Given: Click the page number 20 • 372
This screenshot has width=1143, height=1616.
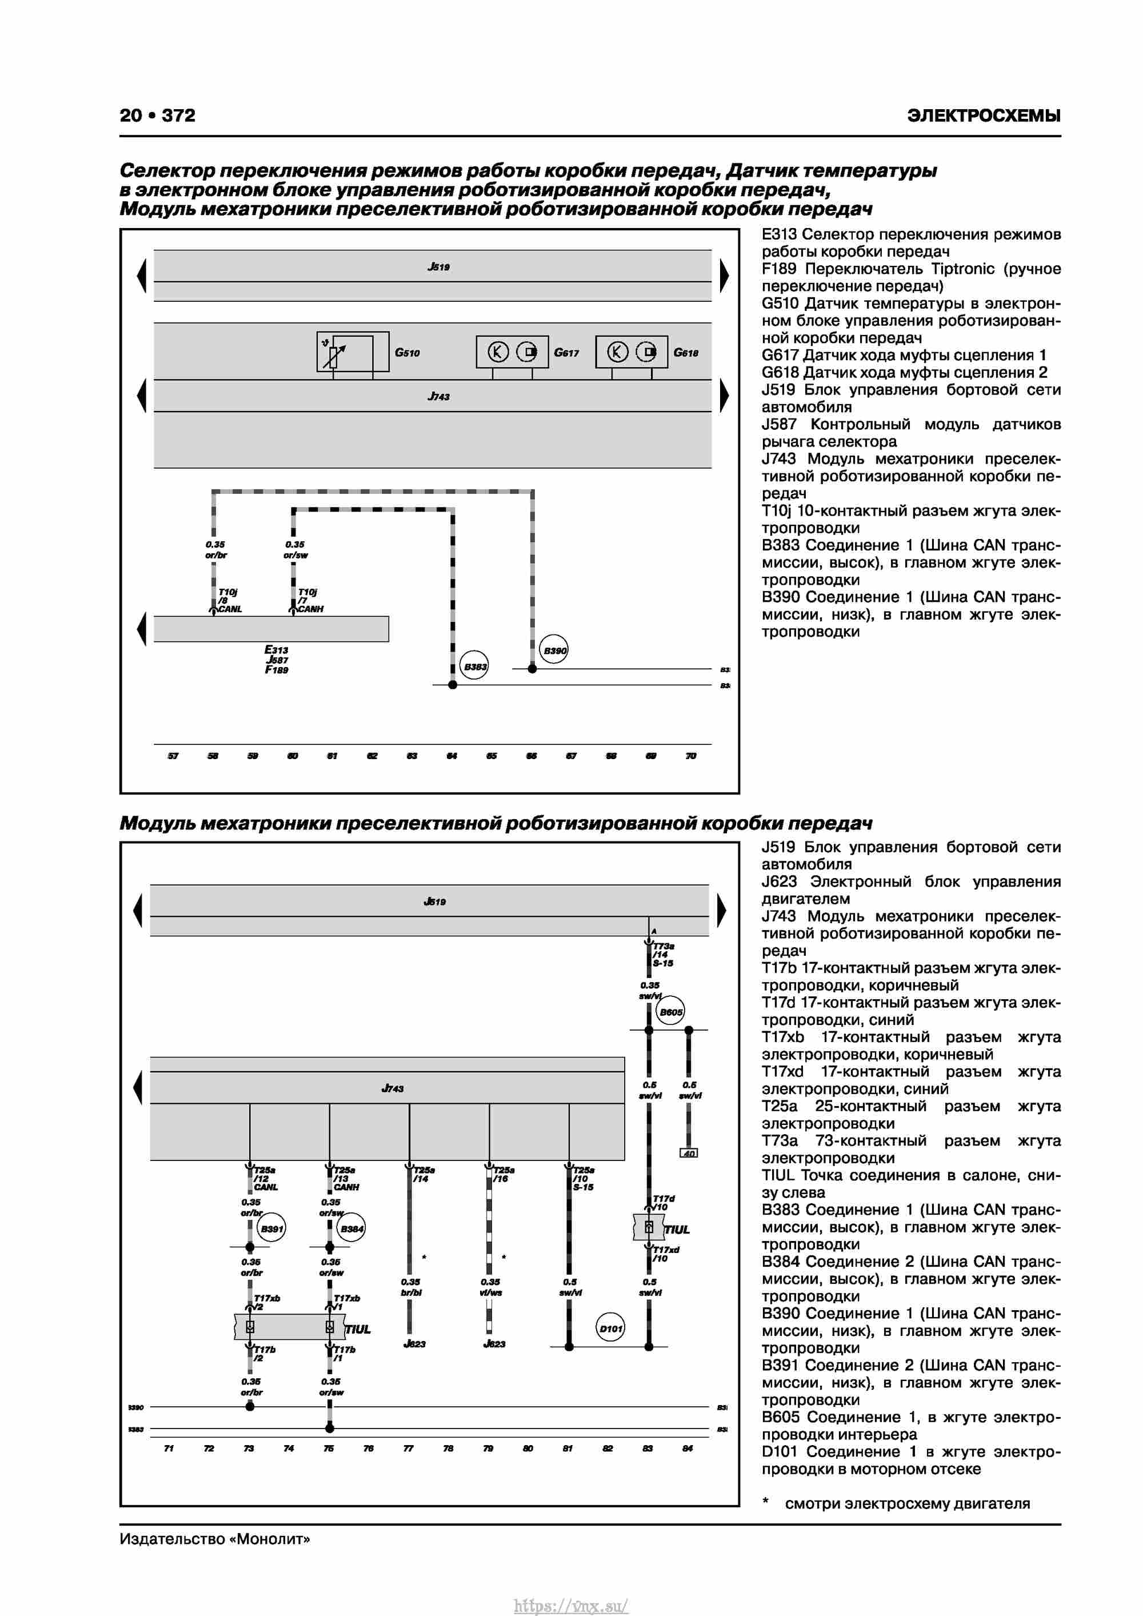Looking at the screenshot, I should [158, 115].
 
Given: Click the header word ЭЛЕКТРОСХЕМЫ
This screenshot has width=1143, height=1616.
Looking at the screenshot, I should [983, 115].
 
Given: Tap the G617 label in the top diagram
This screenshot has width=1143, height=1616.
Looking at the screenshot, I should [566, 353].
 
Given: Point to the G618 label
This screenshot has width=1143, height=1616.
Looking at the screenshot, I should [686, 353].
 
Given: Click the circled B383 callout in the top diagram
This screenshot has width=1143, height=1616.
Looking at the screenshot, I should [475, 666].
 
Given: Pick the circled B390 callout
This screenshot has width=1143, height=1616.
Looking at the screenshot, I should [554, 651].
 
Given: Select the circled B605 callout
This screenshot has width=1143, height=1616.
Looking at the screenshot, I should [670, 1012].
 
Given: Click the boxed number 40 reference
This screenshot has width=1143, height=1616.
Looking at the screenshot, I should [688, 1154].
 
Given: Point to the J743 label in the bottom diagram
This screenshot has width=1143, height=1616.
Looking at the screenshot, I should [392, 1089].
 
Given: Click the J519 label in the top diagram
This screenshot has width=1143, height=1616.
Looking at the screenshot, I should [438, 267].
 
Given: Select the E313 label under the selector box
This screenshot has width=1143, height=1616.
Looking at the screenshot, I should [276, 649].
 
